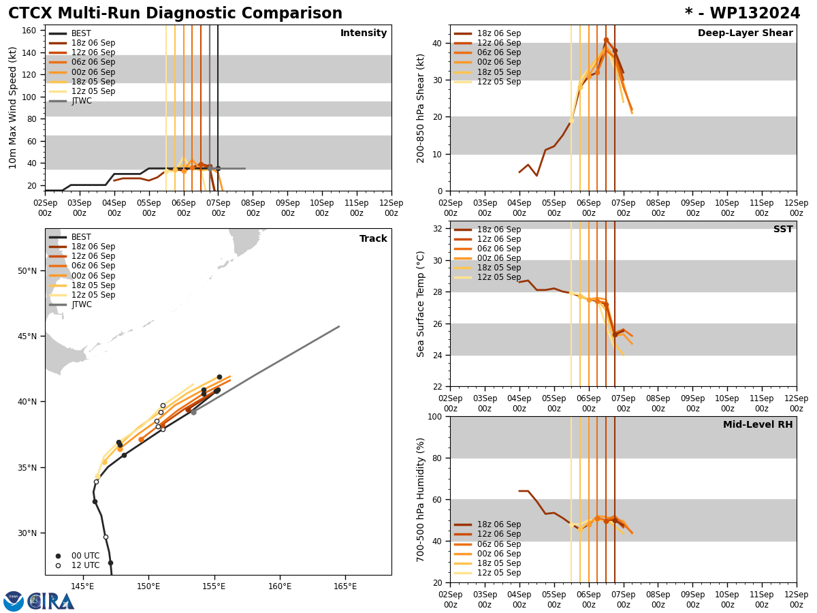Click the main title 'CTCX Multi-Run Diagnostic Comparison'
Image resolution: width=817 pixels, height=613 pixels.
[x=175, y=14]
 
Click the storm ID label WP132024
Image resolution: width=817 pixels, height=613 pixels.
[x=742, y=14]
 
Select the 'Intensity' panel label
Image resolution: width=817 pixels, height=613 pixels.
[x=364, y=33]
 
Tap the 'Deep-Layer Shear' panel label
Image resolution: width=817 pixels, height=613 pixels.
[x=745, y=33]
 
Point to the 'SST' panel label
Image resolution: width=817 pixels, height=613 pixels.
[x=782, y=230]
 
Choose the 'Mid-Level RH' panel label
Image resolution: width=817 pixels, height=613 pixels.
[x=758, y=425]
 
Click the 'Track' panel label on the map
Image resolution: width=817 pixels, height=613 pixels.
[x=373, y=239]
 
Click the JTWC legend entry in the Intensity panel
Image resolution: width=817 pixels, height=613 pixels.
[x=82, y=101]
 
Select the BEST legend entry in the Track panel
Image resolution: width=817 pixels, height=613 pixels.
[x=82, y=237]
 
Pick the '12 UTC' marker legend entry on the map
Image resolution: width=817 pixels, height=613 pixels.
[x=85, y=565]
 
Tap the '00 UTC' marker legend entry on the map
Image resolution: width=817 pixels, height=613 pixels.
[x=85, y=556]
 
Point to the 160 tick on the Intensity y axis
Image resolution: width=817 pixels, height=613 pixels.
[x=29, y=31]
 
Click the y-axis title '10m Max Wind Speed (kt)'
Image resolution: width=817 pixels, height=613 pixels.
[x=13, y=108]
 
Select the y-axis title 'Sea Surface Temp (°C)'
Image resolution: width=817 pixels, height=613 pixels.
[x=421, y=304]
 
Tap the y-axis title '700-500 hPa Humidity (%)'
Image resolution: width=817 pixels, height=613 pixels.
[x=421, y=499]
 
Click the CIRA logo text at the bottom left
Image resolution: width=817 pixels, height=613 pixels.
[x=52, y=601]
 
